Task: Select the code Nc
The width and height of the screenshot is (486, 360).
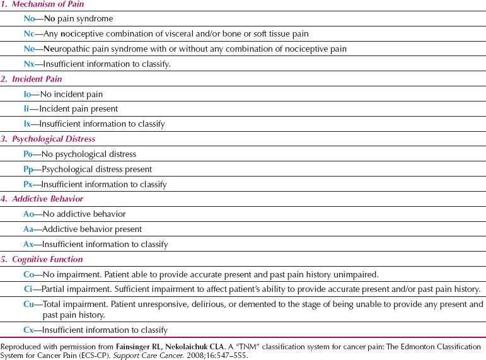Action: [x=29, y=33]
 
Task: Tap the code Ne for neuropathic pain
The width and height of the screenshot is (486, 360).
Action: [x=29, y=49]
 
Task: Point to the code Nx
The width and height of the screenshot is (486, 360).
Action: [x=29, y=64]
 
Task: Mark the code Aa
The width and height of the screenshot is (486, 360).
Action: [x=29, y=229]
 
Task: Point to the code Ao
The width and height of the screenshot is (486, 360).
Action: [x=29, y=214]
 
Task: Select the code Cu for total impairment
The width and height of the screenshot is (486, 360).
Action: [x=29, y=305]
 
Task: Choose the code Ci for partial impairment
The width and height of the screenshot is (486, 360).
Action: [x=28, y=289]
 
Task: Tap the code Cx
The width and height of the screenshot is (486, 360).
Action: [x=29, y=330]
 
